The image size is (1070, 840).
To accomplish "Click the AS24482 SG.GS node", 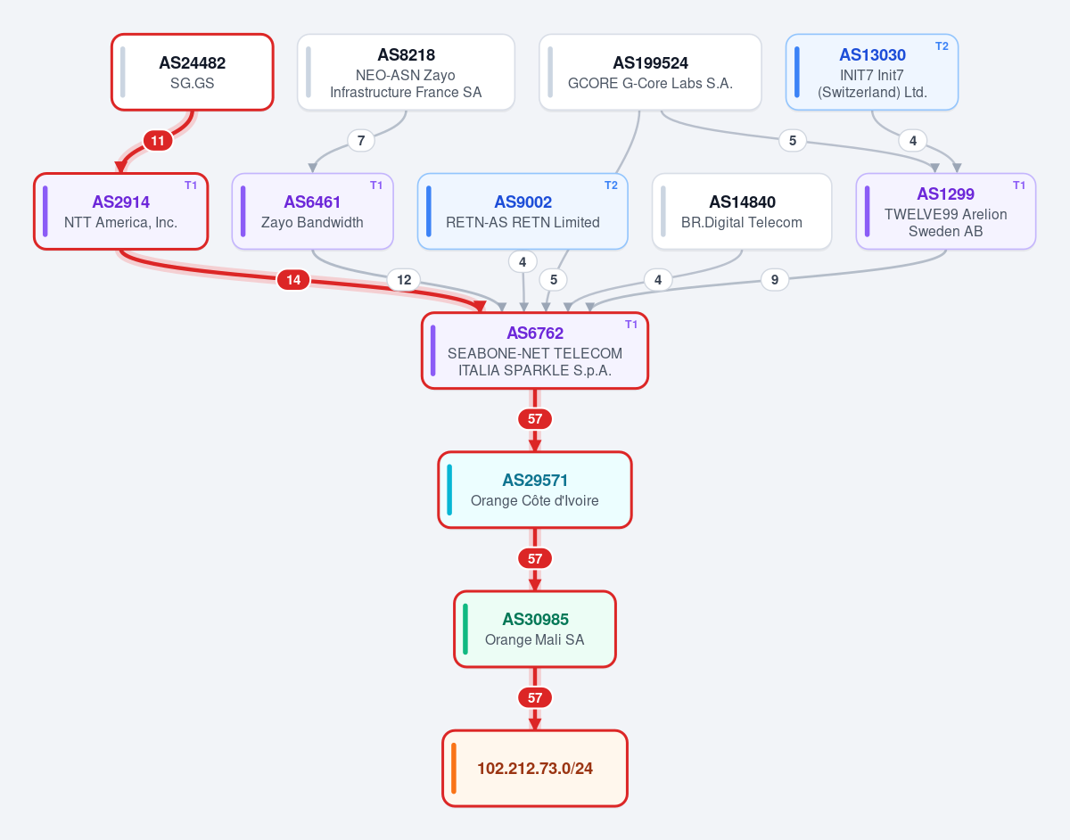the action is (x=192, y=72).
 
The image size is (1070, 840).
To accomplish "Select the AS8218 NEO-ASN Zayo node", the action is (x=406, y=72).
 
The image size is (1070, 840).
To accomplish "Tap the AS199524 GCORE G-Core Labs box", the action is (x=650, y=72).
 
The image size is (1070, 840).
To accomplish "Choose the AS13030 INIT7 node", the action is (x=871, y=72).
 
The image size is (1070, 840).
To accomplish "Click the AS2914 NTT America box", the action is (x=120, y=211).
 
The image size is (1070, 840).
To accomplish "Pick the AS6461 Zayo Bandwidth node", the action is (x=312, y=211).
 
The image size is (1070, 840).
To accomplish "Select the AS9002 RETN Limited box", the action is (x=523, y=211).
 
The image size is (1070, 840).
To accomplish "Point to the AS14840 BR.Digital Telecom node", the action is (x=742, y=211).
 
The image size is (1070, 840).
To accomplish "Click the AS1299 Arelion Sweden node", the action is (x=945, y=211).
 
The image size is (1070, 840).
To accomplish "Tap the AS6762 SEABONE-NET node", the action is (x=535, y=350).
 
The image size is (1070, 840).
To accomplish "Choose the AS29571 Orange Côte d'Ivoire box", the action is (x=535, y=490).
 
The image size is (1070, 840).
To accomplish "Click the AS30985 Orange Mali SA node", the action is (x=535, y=630).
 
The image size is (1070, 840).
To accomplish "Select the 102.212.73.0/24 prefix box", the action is (x=535, y=768).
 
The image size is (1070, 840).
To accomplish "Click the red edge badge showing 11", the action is (x=158, y=141).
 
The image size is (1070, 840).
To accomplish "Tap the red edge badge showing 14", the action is (x=293, y=280).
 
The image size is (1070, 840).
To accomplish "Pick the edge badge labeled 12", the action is (x=404, y=280).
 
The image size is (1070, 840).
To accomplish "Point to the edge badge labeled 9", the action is (x=775, y=280).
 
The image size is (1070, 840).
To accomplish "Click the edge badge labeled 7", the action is (x=361, y=141).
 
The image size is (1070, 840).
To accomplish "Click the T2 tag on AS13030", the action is (x=942, y=46).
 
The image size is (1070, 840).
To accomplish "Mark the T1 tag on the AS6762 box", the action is (x=631, y=325).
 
